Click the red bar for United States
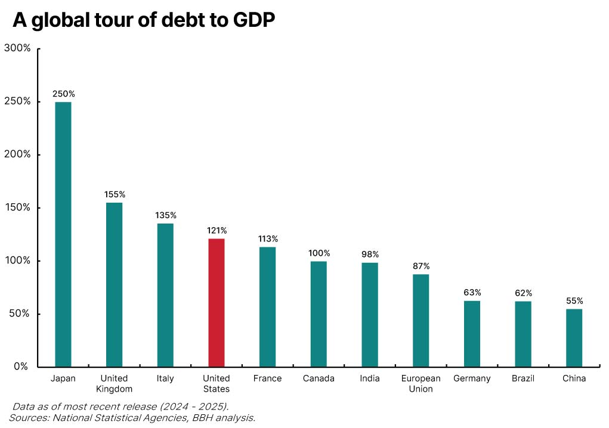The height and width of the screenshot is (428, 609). tap(216, 303)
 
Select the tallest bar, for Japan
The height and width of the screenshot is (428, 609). tap(63, 234)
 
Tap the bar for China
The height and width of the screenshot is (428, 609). tap(574, 338)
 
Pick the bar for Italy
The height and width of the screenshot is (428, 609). tap(165, 295)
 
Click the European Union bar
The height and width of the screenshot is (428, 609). tap(421, 321)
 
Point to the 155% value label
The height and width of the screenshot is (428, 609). tap(114, 194)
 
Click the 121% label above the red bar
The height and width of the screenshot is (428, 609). tap(216, 230)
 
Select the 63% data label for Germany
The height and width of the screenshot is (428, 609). tap(472, 292)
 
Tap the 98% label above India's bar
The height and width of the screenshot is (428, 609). tap(370, 255)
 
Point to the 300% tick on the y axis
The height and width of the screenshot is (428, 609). tap(17, 48)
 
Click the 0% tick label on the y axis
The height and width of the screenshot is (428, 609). tap(21, 367)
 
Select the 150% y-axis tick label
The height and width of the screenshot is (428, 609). tap(17, 207)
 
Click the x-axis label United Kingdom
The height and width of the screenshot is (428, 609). tap(114, 383)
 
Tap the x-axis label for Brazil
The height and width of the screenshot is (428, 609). tap(523, 379)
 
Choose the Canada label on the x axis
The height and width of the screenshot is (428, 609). tap(319, 379)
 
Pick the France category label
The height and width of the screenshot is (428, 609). tap(267, 379)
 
